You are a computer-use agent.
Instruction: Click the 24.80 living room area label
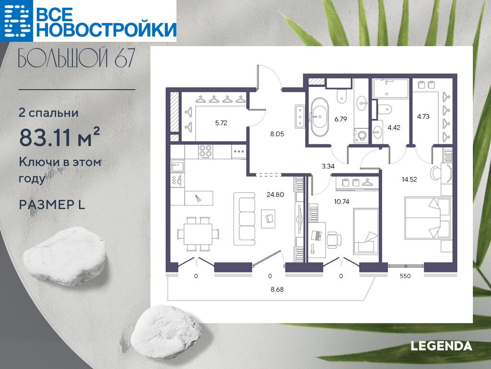[275, 195]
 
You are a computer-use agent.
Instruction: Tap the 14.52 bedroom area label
[409, 180]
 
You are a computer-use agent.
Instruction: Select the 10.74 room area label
[341, 202]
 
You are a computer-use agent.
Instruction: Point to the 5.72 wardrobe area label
[221, 123]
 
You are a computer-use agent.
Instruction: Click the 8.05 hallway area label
[277, 134]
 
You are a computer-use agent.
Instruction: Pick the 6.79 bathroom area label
[340, 119]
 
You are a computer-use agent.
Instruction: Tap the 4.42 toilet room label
[394, 128]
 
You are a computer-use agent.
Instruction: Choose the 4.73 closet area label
[423, 116]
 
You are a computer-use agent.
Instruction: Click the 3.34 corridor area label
[328, 166]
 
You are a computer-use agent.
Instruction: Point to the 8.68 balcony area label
[277, 289]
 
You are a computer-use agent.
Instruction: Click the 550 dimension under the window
[405, 276]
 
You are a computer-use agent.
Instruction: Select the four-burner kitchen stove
[205, 151]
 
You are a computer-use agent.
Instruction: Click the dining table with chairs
[198, 234]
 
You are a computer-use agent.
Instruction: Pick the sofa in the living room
[245, 219]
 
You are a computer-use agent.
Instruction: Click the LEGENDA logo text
[441, 346]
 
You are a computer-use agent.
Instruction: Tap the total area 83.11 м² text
[59, 137]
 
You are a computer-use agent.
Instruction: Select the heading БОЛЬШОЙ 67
[77, 58]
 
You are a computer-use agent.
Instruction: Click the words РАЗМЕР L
[52, 205]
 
